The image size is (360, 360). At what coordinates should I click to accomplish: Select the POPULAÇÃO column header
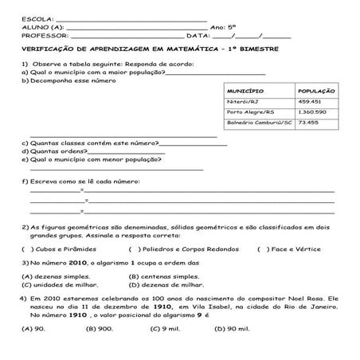pyautogui.click(x=314, y=90)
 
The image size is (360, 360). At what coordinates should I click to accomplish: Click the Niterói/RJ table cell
pyautogui.click(x=244, y=101)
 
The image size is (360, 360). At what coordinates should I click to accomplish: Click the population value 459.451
pyautogui.click(x=310, y=101)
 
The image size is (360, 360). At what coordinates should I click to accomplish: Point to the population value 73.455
pyautogui.click(x=307, y=123)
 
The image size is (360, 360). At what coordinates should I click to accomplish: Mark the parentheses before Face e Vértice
pyautogui.click(x=263, y=248)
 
